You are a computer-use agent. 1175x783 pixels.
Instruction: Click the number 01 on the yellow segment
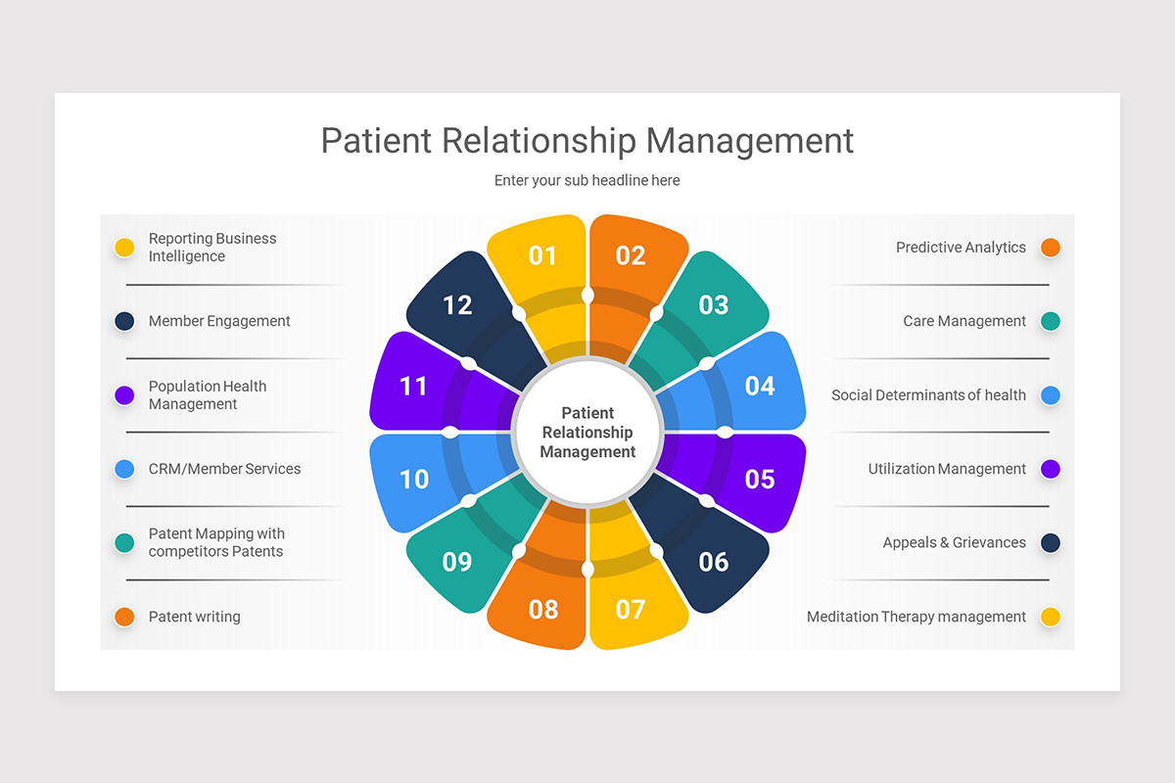coord(542,255)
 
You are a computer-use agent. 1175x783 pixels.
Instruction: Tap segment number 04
coord(760,386)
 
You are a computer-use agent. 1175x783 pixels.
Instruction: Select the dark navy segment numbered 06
coord(714,561)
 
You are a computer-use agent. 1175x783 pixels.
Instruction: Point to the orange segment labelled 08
coord(542,609)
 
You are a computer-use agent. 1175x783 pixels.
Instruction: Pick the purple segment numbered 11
coord(414,386)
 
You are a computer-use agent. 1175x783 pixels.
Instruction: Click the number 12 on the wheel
coord(457,305)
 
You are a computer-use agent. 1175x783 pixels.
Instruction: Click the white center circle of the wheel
coord(587,433)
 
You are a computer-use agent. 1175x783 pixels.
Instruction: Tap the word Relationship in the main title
coord(538,140)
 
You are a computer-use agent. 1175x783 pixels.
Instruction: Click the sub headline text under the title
coord(587,180)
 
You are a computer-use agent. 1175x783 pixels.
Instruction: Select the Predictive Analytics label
coord(961,248)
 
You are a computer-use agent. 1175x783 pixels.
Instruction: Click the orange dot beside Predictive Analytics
coord(1051,248)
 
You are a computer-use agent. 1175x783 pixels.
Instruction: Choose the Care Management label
coord(964,321)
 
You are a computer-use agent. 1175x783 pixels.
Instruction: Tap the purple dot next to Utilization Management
coord(1051,469)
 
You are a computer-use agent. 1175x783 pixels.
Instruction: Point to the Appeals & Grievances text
coord(954,542)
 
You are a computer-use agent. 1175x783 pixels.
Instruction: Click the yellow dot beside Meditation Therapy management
coord(1051,617)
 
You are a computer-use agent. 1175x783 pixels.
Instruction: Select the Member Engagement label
coord(219,321)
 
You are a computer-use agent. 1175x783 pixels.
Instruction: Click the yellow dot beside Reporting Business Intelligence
coord(124,248)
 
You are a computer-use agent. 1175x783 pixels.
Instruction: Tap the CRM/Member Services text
coord(224,469)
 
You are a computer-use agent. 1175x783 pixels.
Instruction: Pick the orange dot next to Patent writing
coord(124,617)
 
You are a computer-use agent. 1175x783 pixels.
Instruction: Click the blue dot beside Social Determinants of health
coord(1051,395)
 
